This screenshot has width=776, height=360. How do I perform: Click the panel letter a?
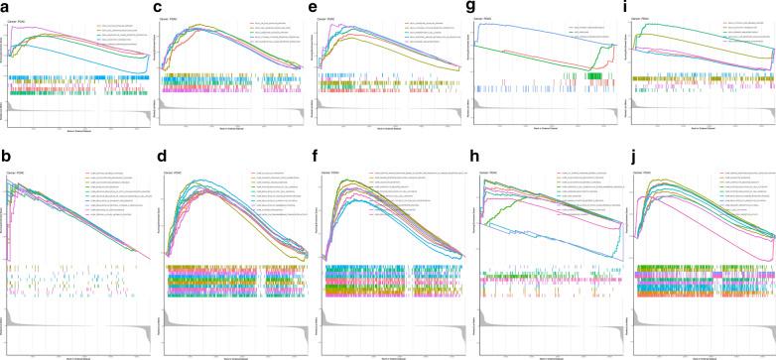6,8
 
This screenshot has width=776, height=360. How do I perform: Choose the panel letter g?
472,8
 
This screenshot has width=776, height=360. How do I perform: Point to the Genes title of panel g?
491,18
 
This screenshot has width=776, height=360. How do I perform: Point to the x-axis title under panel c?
233,127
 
